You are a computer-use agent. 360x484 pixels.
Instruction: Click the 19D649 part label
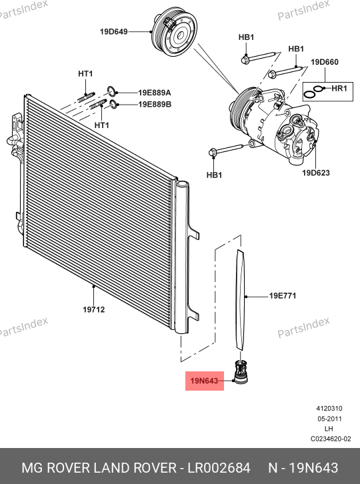pyautogui.click(x=113, y=31)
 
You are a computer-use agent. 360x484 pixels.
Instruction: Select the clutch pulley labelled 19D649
pyautogui.click(x=174, y=33)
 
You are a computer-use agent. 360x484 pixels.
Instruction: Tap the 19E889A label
pyautogui.click(x=155, y=93)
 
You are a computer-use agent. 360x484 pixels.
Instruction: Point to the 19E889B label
pyautogui.click(x=155, y=104)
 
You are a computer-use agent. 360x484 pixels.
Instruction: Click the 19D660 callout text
pyautogui.click(x=325, y=62)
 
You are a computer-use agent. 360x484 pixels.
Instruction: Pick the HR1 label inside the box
pyautogui.click(x=339, y=89)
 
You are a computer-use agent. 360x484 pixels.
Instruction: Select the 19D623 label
pyautogui.click(x=316, y=173)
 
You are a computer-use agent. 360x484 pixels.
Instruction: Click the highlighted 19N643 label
pyautogui.click(x=205, y=381)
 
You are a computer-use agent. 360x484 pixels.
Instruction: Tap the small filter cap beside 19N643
pyautogui.click(x=241, y=372)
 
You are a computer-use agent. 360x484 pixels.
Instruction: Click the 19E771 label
pyautogui.click(x=283, y=296)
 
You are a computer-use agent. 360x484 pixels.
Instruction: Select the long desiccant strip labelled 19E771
pyautogui.click(x=240, y=300)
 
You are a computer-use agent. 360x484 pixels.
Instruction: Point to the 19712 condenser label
pyautogui.click(x=94, y=309)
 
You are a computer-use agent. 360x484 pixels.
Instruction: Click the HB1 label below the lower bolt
pyautogui.click(x=214, y=175)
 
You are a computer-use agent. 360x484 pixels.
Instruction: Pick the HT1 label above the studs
pyautogui.click(x=85, y=74)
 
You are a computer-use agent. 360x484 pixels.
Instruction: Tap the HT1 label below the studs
pyautogui.click(x=101, y=125)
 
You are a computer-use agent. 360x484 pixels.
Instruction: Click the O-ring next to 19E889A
pyautogui.click(x=112, y=91)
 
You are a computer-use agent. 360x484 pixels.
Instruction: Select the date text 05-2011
pyautogui.click(x=329, y=419)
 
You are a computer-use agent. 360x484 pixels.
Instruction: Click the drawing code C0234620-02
pyautogui.click(x=331, y=439)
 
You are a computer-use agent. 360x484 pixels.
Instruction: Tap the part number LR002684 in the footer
pyautogui.click(x=219, y=468)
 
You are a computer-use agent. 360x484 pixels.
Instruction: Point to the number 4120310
pyautogui.click(x=329, y=409)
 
